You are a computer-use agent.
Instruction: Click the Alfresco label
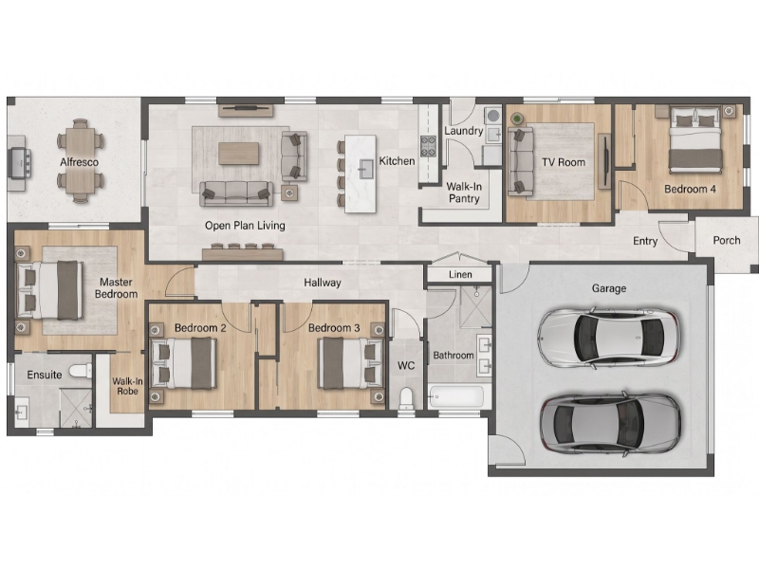(x=79, y=162)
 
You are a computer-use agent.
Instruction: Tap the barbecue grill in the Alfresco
(x=19, y=163)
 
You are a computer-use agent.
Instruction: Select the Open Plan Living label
(x=245, y=226)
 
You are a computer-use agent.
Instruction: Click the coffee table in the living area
(x=239, y=154)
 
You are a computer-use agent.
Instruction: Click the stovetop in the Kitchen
(x=429, y=146)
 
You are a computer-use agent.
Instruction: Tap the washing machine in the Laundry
(x=492, y=116)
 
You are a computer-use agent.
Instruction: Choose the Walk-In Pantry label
(x=464, y=193)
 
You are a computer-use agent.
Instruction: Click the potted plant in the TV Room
(x=517, y=119)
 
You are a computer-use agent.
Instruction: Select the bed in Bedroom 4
(x=695, y=139)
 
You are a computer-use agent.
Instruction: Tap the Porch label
(x=727, y=241)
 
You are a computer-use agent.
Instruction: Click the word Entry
(x=645, y=241)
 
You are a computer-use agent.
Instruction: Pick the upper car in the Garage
(x=609, y=337)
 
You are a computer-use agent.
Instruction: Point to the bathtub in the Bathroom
(x=456, y=397)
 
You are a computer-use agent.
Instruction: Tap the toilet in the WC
(x=406, y=398)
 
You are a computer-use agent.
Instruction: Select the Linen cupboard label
(x=460, y=275)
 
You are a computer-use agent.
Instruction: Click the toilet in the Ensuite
(x=81, y=371)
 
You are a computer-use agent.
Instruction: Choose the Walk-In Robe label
(x=127, y=386)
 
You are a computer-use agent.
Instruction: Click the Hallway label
(x=323, y=283)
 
